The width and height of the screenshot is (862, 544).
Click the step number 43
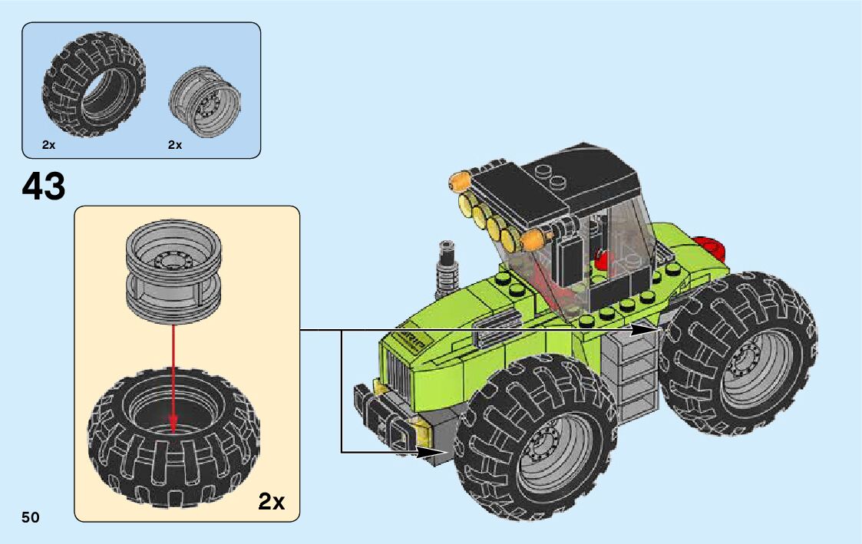[x=44, y=186]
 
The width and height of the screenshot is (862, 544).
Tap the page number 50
[x=31, y=517]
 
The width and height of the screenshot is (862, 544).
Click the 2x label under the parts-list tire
[x=49, y=145]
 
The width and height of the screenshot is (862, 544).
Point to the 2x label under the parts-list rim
[x=175, y=145]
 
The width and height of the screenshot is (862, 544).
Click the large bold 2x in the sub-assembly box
[x=272, y=501]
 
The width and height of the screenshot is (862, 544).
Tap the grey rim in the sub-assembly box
[x=173, y=272]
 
